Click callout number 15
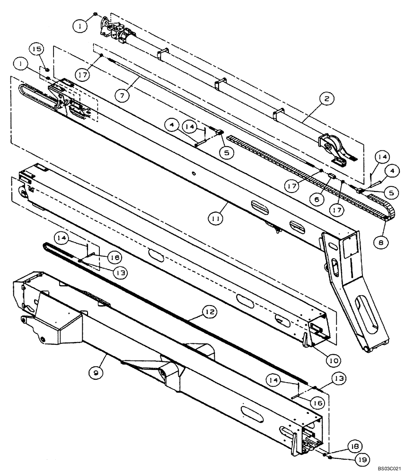(37, 49)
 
